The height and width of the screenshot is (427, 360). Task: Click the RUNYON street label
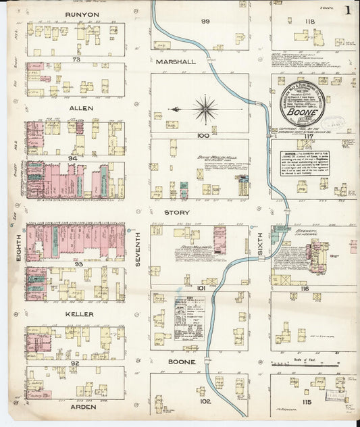tap(79, 14)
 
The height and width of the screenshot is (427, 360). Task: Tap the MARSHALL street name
tap(176, 61)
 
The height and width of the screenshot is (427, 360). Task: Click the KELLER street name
tap(80, 314)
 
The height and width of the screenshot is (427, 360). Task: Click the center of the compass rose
tap(205, 107)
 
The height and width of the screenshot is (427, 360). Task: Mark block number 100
tap(202, 136)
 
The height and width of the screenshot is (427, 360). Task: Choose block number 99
tap(205, 22)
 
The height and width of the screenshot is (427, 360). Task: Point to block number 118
tap(310, 22)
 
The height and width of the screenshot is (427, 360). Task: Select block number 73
tap(76, 59)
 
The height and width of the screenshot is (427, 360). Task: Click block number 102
tap(205, 401)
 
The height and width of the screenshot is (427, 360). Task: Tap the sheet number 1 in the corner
tap(348, 10)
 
